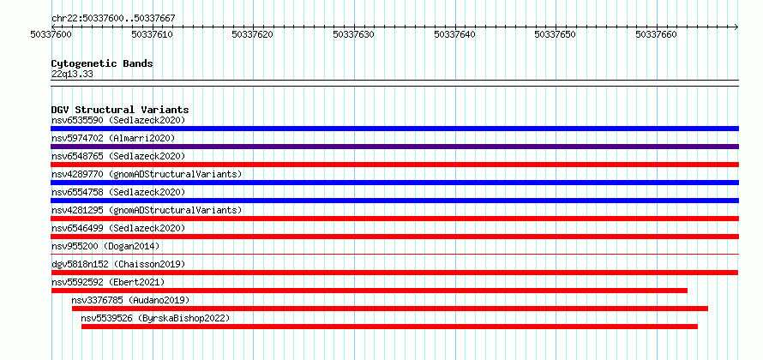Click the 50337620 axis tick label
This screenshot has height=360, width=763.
[x=253, y=34]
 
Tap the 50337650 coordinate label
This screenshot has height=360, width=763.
[x=556, y=34]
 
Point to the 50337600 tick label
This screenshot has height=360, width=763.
[x=51, y=34]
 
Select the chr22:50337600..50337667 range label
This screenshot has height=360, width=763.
[x=113, y=19]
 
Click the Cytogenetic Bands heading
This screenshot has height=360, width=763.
[x=102, y=63]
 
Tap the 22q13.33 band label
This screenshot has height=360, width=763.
[x=72, y=75]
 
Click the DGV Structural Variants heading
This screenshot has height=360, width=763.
[x=120, y=110]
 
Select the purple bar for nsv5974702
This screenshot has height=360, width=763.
[x=394, y=147]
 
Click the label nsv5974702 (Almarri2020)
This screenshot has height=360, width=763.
[x=113, y=138]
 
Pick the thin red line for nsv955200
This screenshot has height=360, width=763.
[x=394, y=254]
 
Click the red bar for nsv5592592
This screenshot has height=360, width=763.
[x=369, y=291]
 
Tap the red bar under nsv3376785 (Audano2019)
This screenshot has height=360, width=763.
[x=390, y=309]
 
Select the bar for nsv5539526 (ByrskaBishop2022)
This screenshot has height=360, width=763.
[x=389, y=327]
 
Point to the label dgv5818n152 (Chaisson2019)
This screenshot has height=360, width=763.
[x=118, y=264]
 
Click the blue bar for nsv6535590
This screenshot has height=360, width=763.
[x=394, y=129]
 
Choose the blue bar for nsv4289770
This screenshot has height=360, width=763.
[x=394, y=183]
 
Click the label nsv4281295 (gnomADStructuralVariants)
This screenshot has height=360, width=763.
[x=147, y=210]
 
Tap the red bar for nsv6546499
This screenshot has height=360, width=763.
[x=394, y=237]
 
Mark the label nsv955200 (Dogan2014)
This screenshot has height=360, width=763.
[x=105, y=246]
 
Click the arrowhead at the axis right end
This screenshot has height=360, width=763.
[x=736, y=27]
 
